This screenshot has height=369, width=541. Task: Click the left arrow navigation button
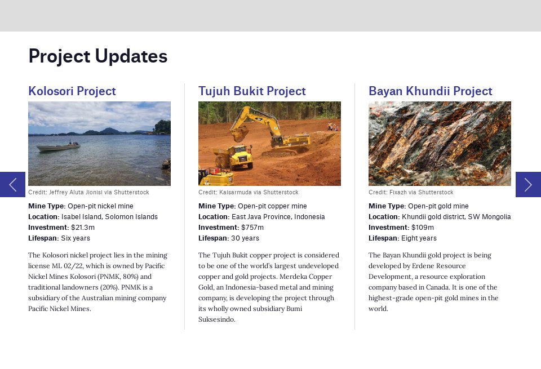pos(12,184)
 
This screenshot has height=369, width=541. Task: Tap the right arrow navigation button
pos(528,184)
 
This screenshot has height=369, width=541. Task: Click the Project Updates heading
pos(97,56)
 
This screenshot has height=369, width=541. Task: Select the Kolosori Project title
pos(72,91)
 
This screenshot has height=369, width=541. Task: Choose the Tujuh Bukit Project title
pos(252,91)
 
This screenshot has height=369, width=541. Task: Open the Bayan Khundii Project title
pos(430,91)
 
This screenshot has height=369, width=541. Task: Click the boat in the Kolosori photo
pos(57,148)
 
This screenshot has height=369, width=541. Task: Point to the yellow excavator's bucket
pos(239,134)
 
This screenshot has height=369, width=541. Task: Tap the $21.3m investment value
pos(83,228)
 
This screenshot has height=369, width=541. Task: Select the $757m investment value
pos(252,228)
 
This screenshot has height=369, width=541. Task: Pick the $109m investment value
pos(423,228)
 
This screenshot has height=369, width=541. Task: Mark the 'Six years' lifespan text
pos(75,238)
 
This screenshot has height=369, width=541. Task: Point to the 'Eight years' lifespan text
pos(419,238)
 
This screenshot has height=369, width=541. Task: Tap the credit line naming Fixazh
pos(411,193)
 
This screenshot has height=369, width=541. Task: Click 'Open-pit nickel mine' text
pos(100,206)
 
